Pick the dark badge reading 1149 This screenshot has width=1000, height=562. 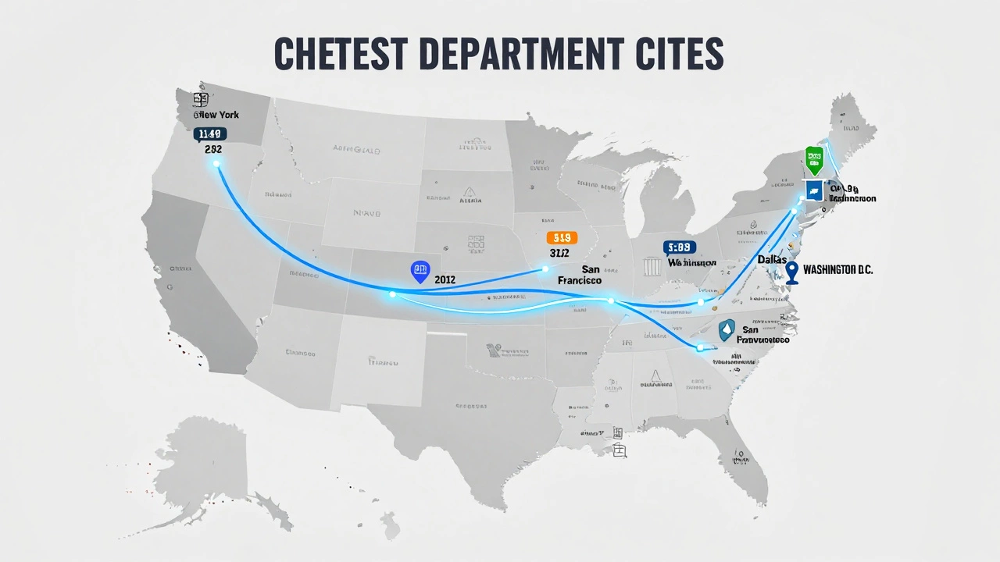(x=211, y=133)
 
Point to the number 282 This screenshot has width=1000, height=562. (x=213, y=148)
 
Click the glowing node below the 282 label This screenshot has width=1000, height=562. (x=216, y=163)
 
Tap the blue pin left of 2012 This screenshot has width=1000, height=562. (x=420, y=271)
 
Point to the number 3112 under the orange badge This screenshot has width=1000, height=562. (x=559, y=253)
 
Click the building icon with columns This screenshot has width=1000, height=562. (x=652, y=266)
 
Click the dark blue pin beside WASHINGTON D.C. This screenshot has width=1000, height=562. (x=792, y=272)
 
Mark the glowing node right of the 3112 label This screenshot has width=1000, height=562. (x=545, y=269)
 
